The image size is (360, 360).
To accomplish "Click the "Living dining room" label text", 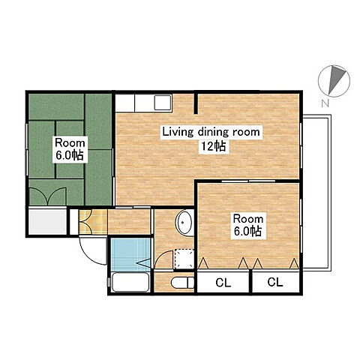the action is [211, 132].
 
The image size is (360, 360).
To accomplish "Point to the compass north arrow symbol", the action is [334, 81].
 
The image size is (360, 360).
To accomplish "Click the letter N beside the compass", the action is [325, 103].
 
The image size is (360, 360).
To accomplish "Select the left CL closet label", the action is [223, 283].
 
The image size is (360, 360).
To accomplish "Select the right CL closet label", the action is [275, 282].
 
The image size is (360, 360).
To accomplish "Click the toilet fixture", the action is [182, 283].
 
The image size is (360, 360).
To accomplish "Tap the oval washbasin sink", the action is [184, 223].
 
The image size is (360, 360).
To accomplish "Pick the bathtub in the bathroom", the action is [130, 282].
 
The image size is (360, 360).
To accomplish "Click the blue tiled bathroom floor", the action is [130, 255].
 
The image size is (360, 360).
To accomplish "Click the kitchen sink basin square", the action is [163, 102].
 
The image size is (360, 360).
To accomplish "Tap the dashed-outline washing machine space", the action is [184, 259].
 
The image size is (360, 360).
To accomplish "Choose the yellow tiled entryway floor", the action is [93, 222].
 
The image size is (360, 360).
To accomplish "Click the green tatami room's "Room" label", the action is [70, 143].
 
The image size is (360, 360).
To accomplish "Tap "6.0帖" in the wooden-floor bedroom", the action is [247, 231].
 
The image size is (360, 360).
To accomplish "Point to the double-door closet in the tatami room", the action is [48, 196].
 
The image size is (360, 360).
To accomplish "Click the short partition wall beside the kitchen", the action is [196, 103].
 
